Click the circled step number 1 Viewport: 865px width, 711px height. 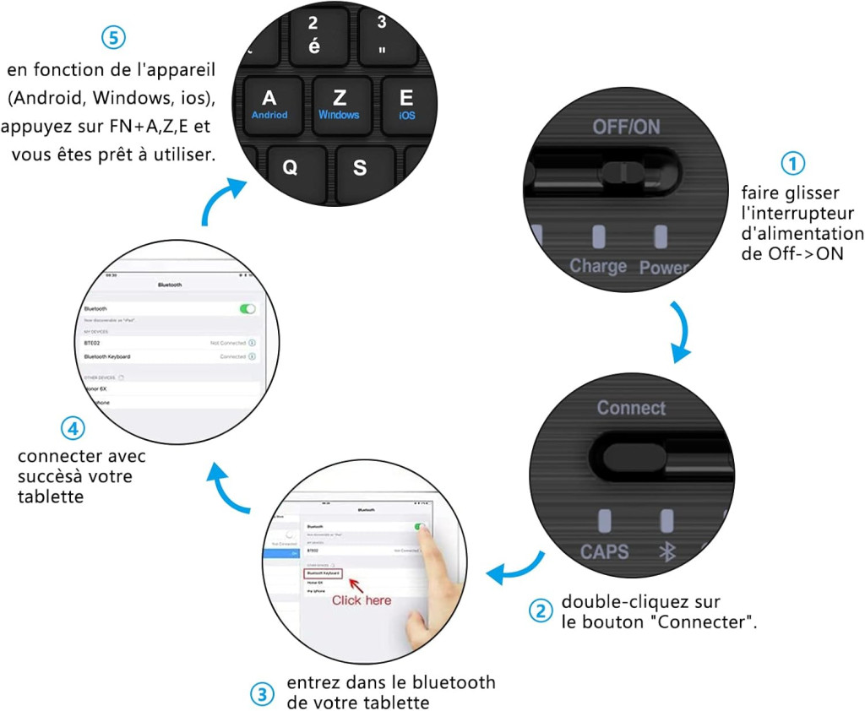792,163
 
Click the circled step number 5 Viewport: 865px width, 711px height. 112,38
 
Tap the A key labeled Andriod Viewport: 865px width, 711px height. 269,103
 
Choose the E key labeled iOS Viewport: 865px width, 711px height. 406,103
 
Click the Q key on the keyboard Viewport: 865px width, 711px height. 290,168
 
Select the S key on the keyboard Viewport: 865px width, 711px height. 360,168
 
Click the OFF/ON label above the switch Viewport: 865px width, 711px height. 626,127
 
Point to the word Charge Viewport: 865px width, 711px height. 598,266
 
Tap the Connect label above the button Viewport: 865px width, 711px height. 631,408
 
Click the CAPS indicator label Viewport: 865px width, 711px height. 604,551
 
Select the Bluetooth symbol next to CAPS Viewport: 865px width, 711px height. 667,551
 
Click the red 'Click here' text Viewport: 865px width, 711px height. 361,600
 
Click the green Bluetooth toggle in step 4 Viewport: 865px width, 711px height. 248,309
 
